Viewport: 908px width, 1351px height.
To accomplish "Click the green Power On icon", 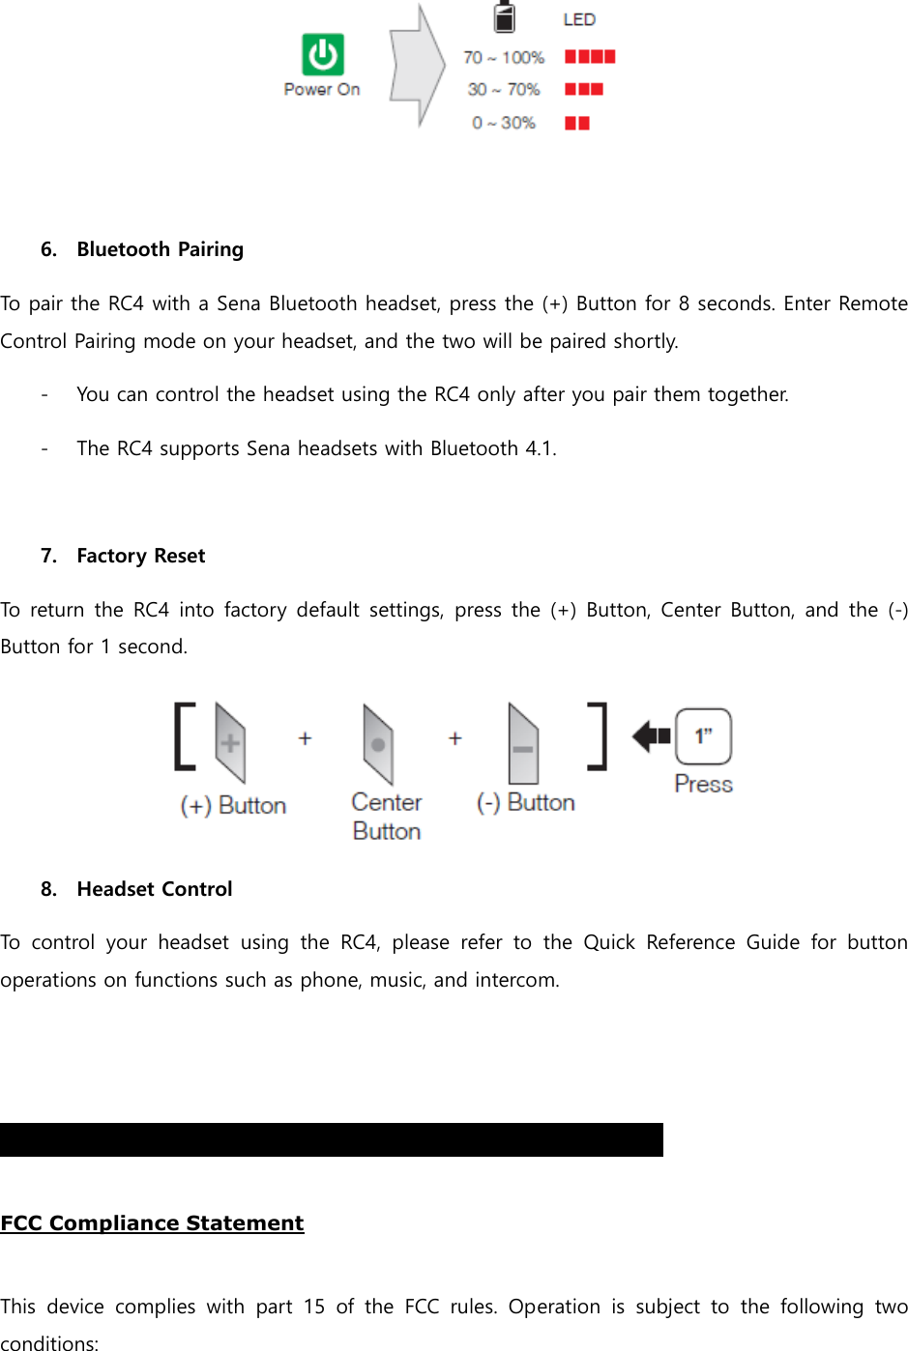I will [x=322, y=54].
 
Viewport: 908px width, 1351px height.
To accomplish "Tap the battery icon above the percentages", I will [x=505, y=16].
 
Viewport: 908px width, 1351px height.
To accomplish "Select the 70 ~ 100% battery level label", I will [x=504, y=57].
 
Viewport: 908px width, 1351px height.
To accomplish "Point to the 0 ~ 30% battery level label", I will [x=504, y=123].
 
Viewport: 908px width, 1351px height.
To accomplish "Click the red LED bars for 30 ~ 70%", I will [x=584, y=89].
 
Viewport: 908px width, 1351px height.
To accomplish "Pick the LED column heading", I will [x=579, y=19].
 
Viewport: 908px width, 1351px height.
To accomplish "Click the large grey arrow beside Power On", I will [x=417, y=66].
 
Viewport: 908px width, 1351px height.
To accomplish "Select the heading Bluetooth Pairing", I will [x=160, y=249].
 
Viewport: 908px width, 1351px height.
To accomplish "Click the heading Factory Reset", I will [x=141, y=556].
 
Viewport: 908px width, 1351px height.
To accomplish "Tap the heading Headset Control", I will [x=155, y=889].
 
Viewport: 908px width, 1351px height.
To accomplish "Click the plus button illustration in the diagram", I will [x=230, y=742].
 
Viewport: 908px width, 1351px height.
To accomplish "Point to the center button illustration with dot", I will [x=378, y=743].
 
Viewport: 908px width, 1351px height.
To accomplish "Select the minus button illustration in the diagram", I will [x=523, y=744].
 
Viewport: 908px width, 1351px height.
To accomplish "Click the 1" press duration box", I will [x=703, y=736].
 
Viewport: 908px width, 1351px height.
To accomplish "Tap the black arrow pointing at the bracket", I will [x=652, y=736].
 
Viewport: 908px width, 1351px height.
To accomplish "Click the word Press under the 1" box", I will [x=703, y=784].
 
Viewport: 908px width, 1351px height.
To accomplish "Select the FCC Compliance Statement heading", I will [x=152, y=1223].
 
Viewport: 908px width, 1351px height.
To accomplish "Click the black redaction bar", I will [x=332, y=1139].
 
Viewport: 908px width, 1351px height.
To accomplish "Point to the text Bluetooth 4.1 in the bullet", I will [x=492, y=448].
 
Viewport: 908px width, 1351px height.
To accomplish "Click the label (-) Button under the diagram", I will [x=525, y=802].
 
